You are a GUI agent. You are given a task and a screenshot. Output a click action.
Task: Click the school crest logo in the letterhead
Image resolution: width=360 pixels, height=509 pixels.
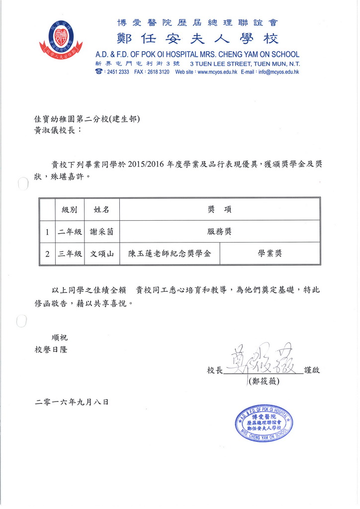point(61,39)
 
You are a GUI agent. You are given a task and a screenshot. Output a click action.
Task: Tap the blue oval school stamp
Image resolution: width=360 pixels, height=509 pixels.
point(264,422)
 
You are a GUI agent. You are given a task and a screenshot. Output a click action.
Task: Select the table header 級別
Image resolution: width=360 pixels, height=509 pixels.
point(70,209)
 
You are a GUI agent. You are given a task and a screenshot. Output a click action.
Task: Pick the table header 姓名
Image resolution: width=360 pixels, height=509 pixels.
point(101,209)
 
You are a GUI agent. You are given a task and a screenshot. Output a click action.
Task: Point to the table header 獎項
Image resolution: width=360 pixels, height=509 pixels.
point(219,209)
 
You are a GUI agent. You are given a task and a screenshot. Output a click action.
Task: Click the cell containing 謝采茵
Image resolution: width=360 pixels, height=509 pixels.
point(101,231)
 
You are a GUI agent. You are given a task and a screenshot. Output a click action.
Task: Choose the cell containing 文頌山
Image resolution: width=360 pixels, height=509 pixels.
point(101,254)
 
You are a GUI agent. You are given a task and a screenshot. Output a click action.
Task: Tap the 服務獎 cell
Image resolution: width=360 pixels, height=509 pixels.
point(219,231)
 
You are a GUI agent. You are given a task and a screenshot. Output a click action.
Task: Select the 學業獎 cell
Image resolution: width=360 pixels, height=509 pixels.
point(270,254)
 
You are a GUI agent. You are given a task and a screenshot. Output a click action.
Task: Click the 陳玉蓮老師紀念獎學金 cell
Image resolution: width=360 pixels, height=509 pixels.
point(170,254)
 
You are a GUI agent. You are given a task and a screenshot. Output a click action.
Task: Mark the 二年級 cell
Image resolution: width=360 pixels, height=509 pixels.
point(70,231)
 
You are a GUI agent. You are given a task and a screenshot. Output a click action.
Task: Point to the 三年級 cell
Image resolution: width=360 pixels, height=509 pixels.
point(70,254)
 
